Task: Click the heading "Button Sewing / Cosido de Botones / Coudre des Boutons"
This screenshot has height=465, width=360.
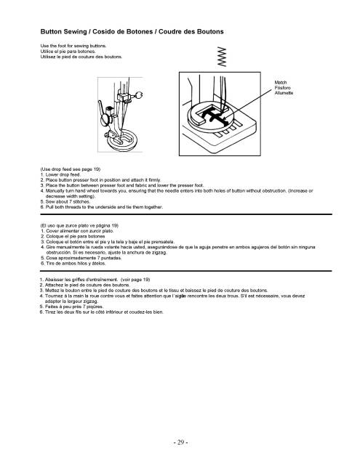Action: (132, 32)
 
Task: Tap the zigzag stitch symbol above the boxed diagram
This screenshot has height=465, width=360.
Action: (222, 57)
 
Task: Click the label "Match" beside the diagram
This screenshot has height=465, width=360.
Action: (281, 82)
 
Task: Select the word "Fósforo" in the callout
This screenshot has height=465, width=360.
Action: (282, 88)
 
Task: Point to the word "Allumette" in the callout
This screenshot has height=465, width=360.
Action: (284, 93)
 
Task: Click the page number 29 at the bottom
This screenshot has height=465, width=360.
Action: (180, 442)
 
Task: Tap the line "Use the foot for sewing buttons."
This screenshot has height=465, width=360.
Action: (73, 46)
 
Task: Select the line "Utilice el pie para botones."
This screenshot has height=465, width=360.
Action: (68, 52)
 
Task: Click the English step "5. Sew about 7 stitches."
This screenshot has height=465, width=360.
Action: (65, 202)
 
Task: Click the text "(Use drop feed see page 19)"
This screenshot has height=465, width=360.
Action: (71, 169)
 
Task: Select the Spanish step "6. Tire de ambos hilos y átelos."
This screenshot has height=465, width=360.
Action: (73, 263)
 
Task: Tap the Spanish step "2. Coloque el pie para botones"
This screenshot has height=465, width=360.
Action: (73, 236)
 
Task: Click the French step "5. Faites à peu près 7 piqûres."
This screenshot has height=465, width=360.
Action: (71, 307)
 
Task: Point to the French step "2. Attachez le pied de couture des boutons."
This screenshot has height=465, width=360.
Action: (85, 285)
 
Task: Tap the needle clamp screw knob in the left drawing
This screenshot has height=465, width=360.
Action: (139, 95)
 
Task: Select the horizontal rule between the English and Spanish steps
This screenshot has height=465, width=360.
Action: (186, 214)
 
